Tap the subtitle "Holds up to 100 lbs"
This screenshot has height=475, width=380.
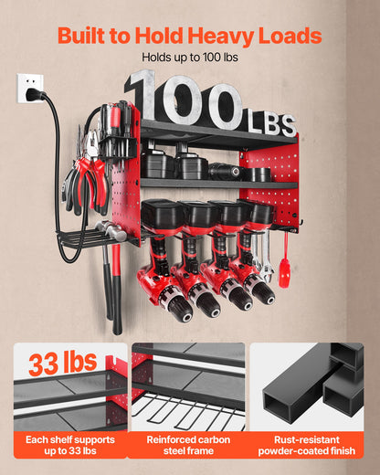click(x=189, y=58)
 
